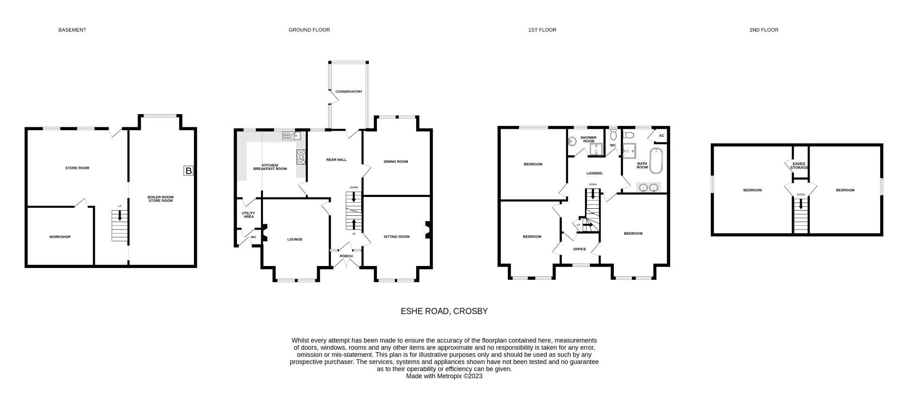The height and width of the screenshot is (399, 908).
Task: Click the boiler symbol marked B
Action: tap(188, 171)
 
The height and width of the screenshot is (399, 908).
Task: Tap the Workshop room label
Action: tap(60, 237)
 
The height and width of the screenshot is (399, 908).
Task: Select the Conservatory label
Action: tap(349, 91)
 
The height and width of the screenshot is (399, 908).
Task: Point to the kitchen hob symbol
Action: tap(301, 157)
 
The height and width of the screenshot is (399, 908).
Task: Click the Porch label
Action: tap(346, 256)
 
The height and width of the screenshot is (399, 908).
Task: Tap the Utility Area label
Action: tap(248, 215)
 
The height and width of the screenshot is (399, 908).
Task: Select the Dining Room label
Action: tap(396, 161)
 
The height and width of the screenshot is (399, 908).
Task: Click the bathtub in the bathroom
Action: tap(656, 161)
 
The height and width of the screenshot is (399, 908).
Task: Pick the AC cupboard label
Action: tap(661, 136)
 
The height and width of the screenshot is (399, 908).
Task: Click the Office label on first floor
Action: tap(579, 249)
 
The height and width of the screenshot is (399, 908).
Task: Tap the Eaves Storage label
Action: tap(799, 166)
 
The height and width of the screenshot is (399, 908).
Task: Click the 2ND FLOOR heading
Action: tap(763, 30)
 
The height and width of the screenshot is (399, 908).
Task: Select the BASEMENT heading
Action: tap(72, 30)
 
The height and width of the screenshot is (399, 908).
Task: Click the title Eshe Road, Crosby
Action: tap(444, 311)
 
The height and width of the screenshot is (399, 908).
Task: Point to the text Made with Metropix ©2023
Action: tap(444, 376)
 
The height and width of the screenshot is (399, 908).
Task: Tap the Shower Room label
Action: tap(588, 139)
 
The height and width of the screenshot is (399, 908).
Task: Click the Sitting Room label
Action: tap(396, 237)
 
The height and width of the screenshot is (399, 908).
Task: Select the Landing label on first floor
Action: tap(594, 173)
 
